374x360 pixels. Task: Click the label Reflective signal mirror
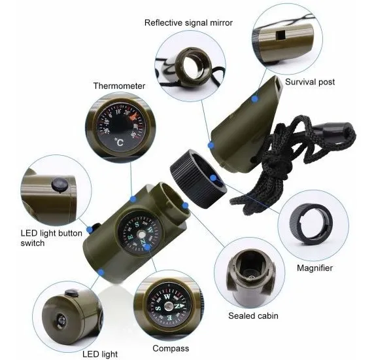pos(188,23)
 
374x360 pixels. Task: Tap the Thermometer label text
pos(119,86)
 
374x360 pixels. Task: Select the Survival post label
pos(310,82)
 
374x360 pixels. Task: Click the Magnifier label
pos(314,268)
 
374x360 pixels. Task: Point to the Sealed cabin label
pos(253,316)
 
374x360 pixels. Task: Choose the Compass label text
pos(171,348)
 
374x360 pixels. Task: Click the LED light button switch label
pos(51,238)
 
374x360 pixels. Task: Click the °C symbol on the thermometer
pos(118,142)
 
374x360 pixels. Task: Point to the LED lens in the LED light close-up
pos(61,320)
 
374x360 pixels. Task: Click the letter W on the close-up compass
pos(167,297)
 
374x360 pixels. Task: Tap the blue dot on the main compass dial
pos(147,247)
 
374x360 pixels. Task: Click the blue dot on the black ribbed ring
pos(213,178)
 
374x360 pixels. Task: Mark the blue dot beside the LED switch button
pos(90,230)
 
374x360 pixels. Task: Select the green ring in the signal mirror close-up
pos(193,67)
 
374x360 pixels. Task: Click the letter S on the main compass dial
pos(137,225)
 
